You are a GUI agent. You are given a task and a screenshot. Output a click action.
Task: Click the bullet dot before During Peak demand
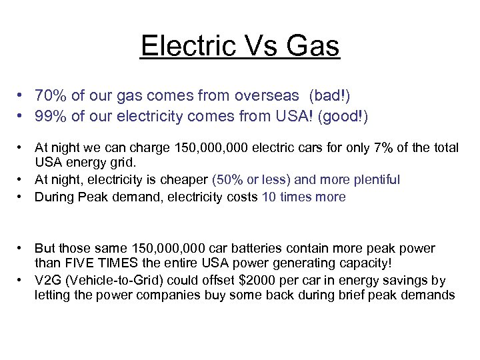click(x=21, y=197)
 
